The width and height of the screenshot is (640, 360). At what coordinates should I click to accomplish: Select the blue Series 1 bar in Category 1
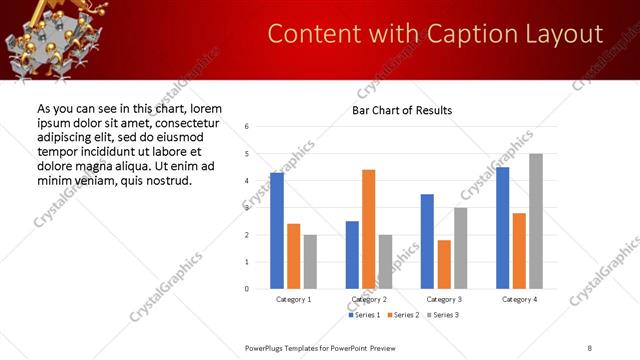click(277, 231)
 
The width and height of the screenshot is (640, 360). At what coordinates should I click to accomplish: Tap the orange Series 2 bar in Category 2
click(368, 229)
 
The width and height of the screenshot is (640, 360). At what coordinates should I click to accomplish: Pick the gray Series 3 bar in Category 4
click(536, 221)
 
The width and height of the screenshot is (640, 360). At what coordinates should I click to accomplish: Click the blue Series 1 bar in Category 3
click(427, 241)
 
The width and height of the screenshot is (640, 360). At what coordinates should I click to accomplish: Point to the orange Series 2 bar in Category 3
click(444, 264)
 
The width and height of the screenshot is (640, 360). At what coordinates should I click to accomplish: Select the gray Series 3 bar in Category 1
click(310, 261)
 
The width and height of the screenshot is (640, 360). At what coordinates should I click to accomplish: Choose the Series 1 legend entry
click(365, 316)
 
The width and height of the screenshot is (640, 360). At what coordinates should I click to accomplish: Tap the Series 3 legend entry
click(446, 316)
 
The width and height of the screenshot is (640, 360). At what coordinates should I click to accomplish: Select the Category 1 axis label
click(294, 300)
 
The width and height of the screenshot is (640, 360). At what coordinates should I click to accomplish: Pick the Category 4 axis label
click(519, 300)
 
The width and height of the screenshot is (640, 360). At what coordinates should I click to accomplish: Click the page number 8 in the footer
click(589, 348)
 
